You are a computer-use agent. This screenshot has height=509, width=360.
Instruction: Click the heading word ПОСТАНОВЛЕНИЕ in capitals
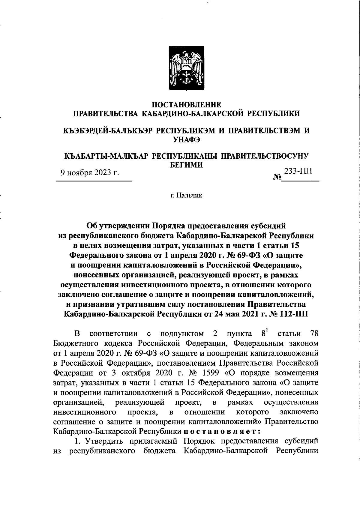click(186, 105)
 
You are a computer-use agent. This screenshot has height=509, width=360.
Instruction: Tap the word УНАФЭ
click(186, 139)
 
